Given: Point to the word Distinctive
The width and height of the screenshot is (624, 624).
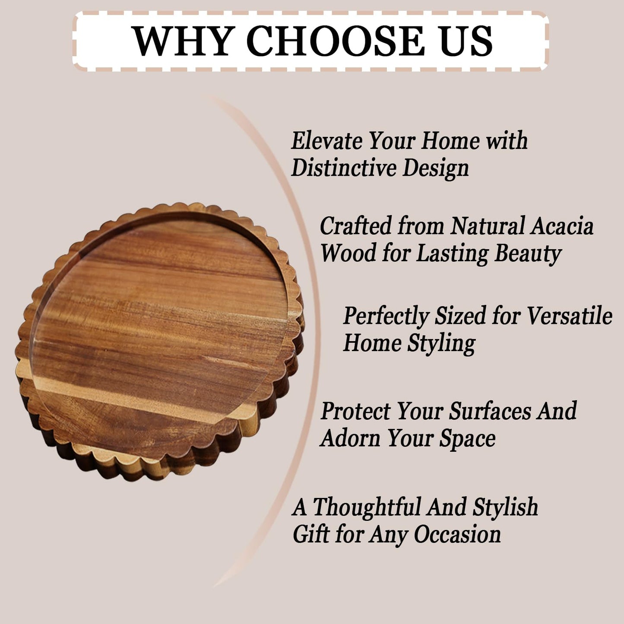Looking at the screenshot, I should [x=344, y=168].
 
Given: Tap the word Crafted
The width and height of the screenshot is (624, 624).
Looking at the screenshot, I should [x=355, y=226].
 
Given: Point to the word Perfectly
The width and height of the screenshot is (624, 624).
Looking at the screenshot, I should [x=385, y=317].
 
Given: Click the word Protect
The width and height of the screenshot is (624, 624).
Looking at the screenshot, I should [x=355, y=411].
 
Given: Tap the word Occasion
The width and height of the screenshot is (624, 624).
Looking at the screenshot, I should [x=457, y=535].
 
